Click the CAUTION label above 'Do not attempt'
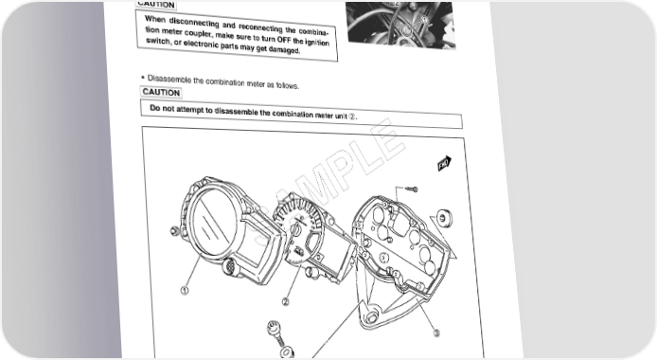tap(161, 92)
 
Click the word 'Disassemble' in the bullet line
tap(169, 80)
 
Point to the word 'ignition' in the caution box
tap(317, 42)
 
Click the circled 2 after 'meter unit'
tap(352, 117)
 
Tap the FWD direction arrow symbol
tap(444, 163)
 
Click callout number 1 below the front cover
tap(185, 290)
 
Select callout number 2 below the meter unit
tap(286, 301)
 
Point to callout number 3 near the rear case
tap(436, 333)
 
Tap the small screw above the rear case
tap(412, 189)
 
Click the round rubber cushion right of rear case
tap(444, 218)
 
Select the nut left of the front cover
tap(174, 230)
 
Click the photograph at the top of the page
tap(400, 26)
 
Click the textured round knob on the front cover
tap(230, 267)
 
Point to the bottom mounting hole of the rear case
tap(371, 316)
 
